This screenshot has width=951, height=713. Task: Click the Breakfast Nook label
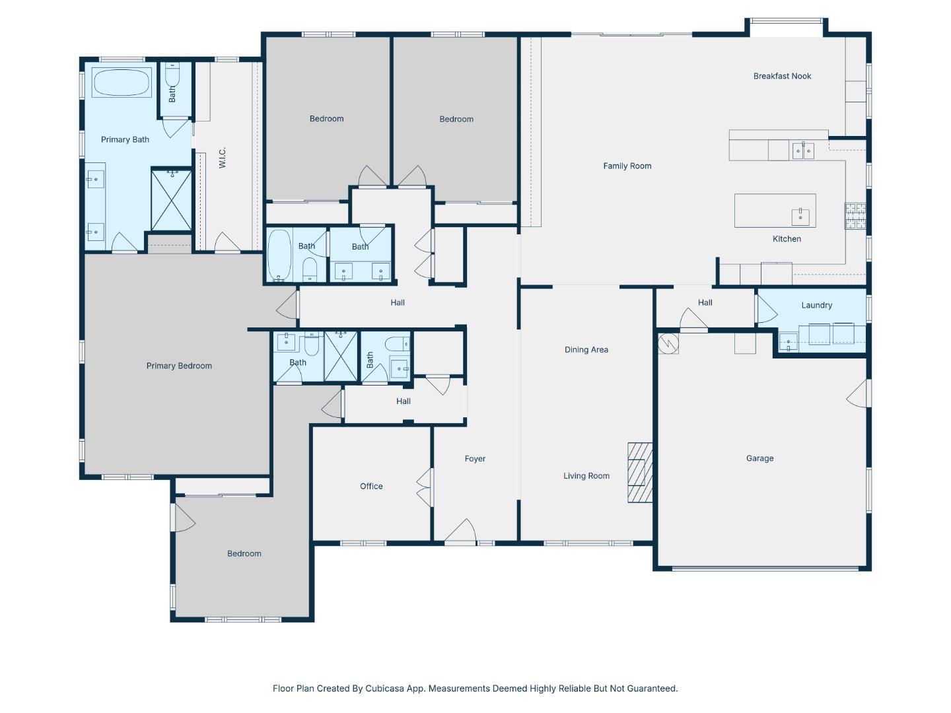tap(782, 76)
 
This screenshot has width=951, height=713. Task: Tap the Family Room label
tap(627, 166)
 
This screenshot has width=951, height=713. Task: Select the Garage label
tap(759, 458)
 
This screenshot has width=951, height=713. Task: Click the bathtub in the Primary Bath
tap(121, 83)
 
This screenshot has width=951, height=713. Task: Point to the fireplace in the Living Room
tap(639, 473)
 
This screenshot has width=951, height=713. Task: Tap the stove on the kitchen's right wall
tap(855, 216)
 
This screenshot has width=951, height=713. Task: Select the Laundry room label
tap(816, 305)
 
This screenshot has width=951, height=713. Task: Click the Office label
tap(371, 487)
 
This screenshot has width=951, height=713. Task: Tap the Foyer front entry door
tap(460, 533)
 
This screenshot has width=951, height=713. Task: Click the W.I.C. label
tap(223, 157)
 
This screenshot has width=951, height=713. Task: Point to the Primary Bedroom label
tap(179, 366)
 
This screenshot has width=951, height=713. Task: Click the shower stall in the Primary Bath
tap(172, 200)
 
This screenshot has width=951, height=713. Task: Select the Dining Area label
tap(586, 350)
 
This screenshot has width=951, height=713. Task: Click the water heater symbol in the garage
tap(668, 343)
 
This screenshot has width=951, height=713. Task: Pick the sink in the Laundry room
tap(788, 341)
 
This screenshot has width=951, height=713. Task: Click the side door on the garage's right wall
tap(858, 394)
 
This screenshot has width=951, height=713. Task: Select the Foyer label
tap(475, 459)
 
